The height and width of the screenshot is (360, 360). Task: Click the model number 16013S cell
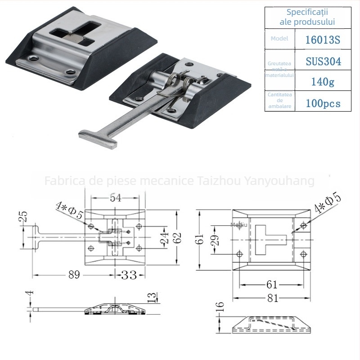coord(323,40)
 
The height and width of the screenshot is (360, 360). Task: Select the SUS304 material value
coord(323,61)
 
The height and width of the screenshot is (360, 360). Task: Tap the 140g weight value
coord(323,81)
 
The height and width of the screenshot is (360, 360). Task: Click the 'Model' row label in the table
coord(279,39)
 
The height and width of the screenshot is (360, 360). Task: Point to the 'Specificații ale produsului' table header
coord(308,17)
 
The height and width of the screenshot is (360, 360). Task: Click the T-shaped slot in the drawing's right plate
coord(268,237)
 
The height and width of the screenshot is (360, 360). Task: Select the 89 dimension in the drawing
coord(73,274)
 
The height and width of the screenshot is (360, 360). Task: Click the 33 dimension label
coord(129,274)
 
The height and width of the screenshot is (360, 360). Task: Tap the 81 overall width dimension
coord(272,297)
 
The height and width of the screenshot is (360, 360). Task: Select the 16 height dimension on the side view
coord(220,309)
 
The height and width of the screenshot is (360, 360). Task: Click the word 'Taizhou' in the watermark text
coord(217,181)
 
